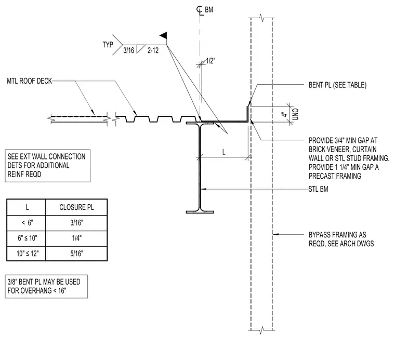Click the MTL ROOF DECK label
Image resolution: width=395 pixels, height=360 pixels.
point(29,81)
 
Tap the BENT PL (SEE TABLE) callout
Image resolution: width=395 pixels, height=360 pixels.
point(337,85)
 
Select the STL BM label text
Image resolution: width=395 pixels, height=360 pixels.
point(319,189)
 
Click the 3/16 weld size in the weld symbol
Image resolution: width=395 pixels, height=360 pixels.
point(129,50)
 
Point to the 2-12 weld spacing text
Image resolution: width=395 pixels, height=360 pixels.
point(153,50)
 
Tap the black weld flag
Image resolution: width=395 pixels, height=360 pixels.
point(163,35)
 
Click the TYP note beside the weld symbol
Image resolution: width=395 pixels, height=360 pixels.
point(108,45)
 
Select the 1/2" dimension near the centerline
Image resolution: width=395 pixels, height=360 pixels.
point(210,61)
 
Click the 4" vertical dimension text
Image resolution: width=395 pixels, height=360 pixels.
point(285,115)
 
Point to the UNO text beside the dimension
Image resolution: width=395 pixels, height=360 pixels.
point(296,114)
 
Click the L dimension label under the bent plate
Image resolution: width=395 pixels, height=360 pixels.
point(223,152)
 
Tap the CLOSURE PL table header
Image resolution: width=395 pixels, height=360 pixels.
point(76,207)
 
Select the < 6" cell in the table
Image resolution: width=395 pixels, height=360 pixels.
point(27,223)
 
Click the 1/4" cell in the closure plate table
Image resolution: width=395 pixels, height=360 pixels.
point(77,238)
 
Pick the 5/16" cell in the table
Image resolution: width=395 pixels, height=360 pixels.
point(76,254)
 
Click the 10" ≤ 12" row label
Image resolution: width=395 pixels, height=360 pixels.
point(28,254)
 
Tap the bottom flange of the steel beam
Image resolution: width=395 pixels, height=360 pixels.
point(200,212)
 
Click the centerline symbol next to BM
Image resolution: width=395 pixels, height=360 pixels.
point(200,10)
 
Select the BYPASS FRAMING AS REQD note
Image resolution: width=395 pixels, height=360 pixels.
point(341,239)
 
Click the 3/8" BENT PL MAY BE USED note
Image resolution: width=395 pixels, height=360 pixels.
point(44,286)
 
